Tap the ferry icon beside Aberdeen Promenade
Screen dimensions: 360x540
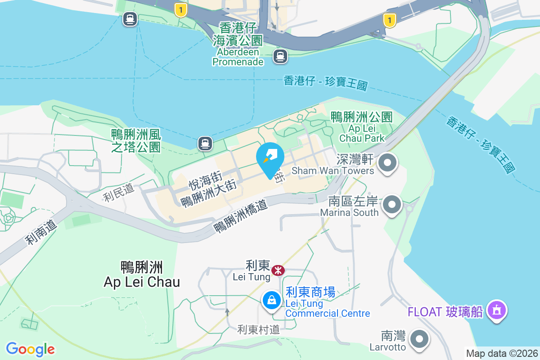click(x=280, y=56)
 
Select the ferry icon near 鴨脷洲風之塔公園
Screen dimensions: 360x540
click(x=205, y=144)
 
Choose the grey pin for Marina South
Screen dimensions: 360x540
click(x=392, y=205)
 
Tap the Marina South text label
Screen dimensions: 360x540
click(x=349, y=207)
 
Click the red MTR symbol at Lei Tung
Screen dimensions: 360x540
click(x=278, y=270)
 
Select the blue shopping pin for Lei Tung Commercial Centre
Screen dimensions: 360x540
click(x=271, y=300)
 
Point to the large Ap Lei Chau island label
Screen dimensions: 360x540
click(x=142, y=274)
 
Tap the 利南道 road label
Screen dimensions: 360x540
click(x=41, y=232)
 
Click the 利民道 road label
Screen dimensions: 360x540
click(x=119, y=193)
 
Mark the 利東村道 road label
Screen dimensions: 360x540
click(x=259, y=330)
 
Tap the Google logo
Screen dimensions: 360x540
click(x=31, y=349)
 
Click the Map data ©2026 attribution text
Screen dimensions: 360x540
click(x=502, y=353)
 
